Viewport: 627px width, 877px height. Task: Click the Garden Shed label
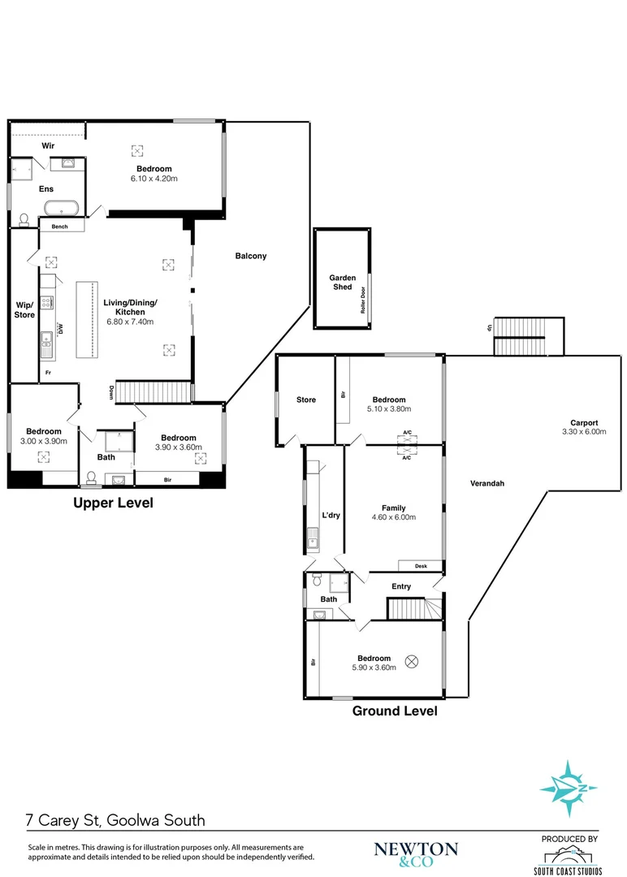pos(342,282)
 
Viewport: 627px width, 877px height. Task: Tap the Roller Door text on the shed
pos(362,300)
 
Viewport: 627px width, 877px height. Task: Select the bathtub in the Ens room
pos(62,207)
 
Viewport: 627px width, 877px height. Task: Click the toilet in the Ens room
pos(24,220)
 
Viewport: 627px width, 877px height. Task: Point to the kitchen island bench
pos(87,319)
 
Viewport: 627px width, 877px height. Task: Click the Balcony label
pos(251,256)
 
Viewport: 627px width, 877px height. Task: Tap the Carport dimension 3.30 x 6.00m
pos(584,432)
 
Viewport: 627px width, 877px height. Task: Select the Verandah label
pos(487,483)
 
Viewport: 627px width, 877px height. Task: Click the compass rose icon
pos(569,788)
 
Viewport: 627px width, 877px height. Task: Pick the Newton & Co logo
pos(416,854)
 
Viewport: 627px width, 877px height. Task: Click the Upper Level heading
pos(113,503)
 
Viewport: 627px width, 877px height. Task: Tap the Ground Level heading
pos(395,711)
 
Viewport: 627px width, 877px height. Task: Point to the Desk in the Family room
pos(422,566)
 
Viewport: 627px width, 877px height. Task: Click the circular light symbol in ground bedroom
pos(411,662)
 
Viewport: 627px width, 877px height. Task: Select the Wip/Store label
pos(24,310)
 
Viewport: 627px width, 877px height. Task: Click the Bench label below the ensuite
pos(60,227)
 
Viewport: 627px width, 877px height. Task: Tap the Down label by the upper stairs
pos(111,392)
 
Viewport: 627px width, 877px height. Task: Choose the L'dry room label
pos(331,515)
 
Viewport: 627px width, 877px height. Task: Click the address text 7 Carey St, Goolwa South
pos(116,820)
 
